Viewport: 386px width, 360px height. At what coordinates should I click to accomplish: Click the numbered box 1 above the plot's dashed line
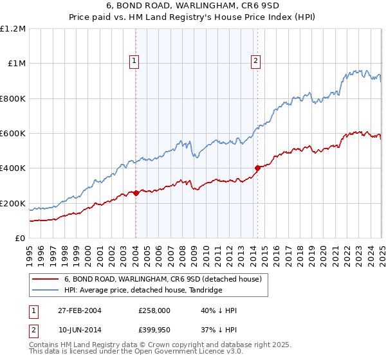[135, 62]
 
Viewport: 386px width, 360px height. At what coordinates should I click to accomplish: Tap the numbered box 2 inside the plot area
[255, 62]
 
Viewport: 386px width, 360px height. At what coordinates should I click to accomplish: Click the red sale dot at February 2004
[136, 193]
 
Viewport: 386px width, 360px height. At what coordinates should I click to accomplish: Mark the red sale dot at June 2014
[257, 168]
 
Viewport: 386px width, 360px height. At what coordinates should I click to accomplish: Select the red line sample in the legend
[45, 280]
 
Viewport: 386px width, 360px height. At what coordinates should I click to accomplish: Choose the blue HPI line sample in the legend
[45, 291]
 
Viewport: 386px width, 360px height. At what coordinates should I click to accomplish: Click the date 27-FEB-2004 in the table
[80, 310]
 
